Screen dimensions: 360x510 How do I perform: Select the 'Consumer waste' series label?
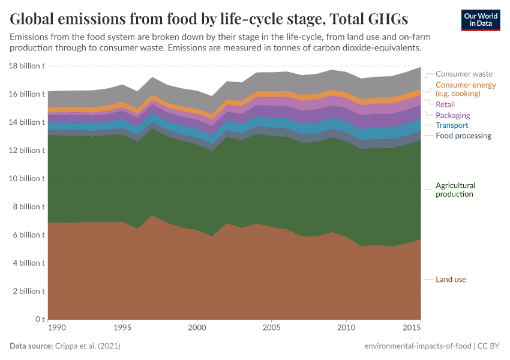[464, 74]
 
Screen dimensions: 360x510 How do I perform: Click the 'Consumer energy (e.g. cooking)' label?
[466, 89]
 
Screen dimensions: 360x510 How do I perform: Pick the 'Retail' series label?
[446, 104]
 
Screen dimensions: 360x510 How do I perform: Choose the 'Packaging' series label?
[452, 115]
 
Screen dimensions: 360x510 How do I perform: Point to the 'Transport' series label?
[452, 125]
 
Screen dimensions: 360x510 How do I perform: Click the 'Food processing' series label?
[463, 136]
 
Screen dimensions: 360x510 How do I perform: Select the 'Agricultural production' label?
[455, 190]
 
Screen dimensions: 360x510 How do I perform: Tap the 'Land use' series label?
[451, 280]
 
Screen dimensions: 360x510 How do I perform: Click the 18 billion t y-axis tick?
[27, 66]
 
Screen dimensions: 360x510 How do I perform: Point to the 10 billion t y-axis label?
[27, 179]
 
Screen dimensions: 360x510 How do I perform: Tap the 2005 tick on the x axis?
[271, 329]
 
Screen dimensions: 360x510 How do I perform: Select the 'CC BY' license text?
[488, 347]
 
